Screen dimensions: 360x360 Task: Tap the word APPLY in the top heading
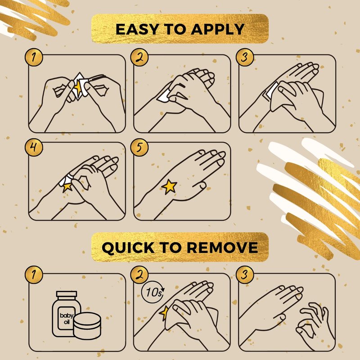pyautogui.click(x=217, y=29)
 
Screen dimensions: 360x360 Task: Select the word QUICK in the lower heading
pyautogui.click(x=128, y=248)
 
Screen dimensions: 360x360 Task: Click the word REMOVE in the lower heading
pyautogui.click(x=222, y=247)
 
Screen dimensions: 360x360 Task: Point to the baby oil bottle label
pyautogui.click(x=67, y=318)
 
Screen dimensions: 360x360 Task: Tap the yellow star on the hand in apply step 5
pyautogui.click(x=170, y=186)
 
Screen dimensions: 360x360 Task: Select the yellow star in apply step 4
pyautogui.click(x=67, y=187)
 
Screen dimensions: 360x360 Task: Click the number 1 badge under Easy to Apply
pyautogui.click(x=34, y=57)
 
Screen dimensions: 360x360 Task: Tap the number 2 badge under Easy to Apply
pyautogui.click(x=139, y=57)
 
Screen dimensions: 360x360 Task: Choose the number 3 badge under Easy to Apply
pyautogui.click(x=245, y=57)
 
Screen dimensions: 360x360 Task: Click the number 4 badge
pyautogui.click(x=34, y=148)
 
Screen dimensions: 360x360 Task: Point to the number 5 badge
pyautogui.click(x=139, y=148)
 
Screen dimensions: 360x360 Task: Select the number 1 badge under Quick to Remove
pyautogui.click(x=34, y=274)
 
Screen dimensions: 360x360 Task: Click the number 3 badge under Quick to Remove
pyautogui.click(x=245, y=274)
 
